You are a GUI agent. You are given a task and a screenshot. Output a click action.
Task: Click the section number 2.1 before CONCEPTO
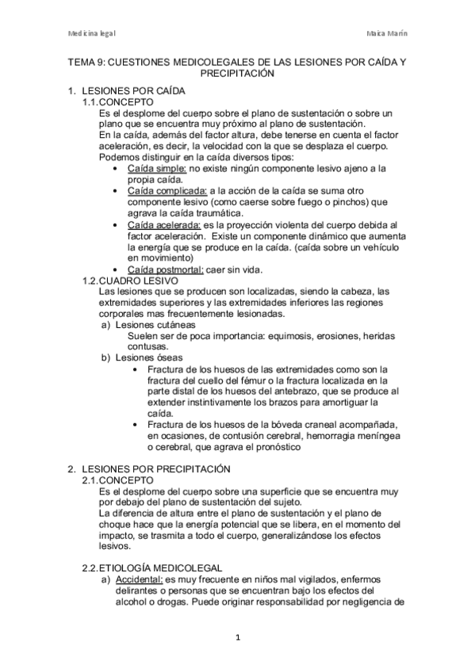pyautogui.click(x=93, y=479)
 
